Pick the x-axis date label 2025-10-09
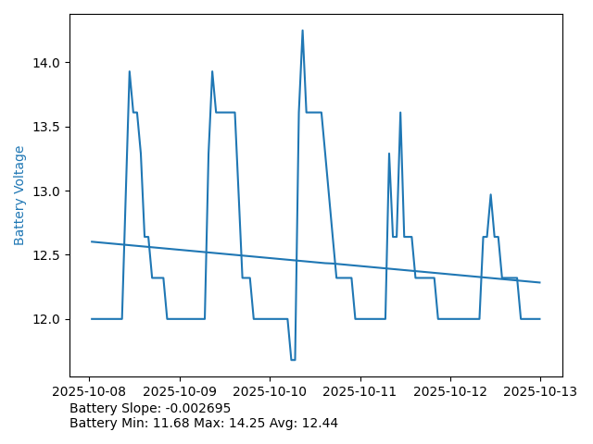pyautogui.click(x=180, y=392)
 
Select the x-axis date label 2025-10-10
pyautogui.click(x=270, y=392)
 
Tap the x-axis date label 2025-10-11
pyautogui.click(x=360, y=392)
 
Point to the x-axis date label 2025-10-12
pyautogui.click(x=450, y=392)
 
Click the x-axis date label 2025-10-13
pyautogui.click(x=540, y=392)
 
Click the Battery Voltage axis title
pyautogui.click(x=19, y=195)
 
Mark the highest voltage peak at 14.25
pyautogui.click(x=302, y=31)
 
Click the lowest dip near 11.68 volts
pyautogui.click(x=293, y=360)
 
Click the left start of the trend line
pyautogui.click(x=92, y=241)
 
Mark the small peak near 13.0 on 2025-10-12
pyautogui.click(x=490, y=194)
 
